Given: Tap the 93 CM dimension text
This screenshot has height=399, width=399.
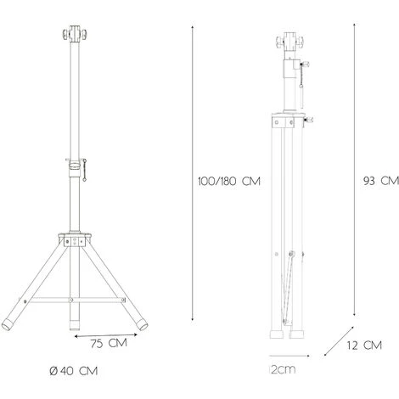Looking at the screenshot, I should click(x=379, y=180).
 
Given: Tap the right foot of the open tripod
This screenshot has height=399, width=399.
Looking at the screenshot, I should click(x=138, y=323).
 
